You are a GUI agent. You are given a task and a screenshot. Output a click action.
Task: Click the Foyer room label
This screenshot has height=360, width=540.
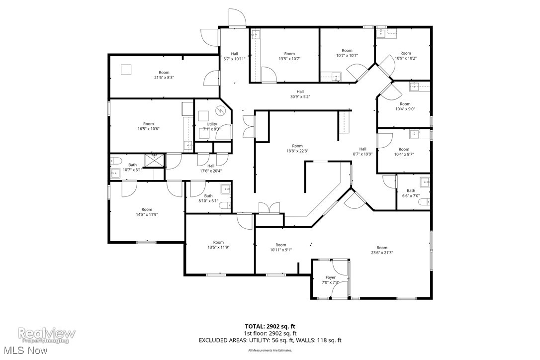pos(331,277)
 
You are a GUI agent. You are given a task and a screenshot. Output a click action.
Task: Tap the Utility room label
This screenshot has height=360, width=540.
pos(212,124)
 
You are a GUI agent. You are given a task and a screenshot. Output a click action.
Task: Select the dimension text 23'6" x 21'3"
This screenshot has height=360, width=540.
pos(382,253)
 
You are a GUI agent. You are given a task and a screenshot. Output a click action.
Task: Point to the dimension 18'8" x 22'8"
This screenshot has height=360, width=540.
pos(297,151)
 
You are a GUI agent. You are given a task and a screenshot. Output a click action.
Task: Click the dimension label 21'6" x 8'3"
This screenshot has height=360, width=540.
pos(164,78)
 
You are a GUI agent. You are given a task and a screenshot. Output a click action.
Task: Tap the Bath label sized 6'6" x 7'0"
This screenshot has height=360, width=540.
pos(411,190)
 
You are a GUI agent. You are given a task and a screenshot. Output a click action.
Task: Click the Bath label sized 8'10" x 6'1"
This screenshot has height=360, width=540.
pos(208,195)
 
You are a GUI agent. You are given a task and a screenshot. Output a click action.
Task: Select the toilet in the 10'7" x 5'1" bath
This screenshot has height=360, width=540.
pos(115,160)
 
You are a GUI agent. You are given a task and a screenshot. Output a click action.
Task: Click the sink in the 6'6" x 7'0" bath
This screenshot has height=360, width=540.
pos(425,181)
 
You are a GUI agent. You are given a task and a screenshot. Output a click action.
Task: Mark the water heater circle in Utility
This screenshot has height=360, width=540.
pos(220,111)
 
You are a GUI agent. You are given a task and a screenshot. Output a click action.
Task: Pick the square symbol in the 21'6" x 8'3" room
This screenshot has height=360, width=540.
pos(127,70)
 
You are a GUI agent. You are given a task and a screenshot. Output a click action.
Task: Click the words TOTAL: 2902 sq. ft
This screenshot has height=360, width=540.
pos(270,326)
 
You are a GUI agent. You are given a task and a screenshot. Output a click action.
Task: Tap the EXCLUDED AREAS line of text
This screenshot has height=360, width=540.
pos(270,341)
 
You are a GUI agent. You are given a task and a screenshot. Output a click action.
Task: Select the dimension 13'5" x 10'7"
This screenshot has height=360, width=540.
pos(289,59)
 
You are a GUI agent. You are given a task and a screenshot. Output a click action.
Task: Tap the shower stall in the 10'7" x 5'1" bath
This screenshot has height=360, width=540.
pos(154,160)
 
